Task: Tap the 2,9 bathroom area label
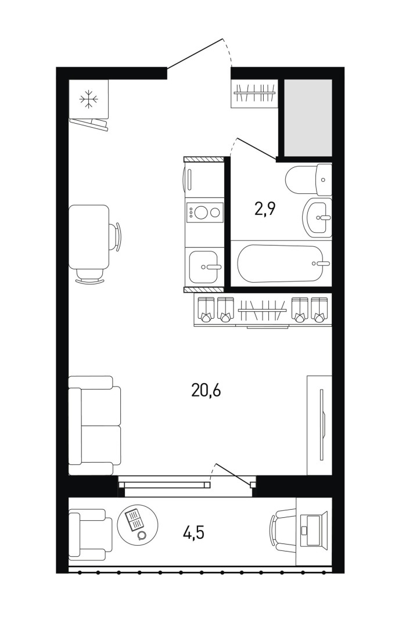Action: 266,208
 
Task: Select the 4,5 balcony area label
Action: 193,533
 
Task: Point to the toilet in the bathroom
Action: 308,179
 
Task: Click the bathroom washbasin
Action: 317,217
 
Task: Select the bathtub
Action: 280,264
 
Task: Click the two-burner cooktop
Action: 204,212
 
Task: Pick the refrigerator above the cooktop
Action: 203,179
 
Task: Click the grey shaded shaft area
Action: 308,117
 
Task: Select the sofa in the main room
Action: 94,426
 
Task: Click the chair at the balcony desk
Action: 283,530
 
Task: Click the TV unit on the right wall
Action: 319,425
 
